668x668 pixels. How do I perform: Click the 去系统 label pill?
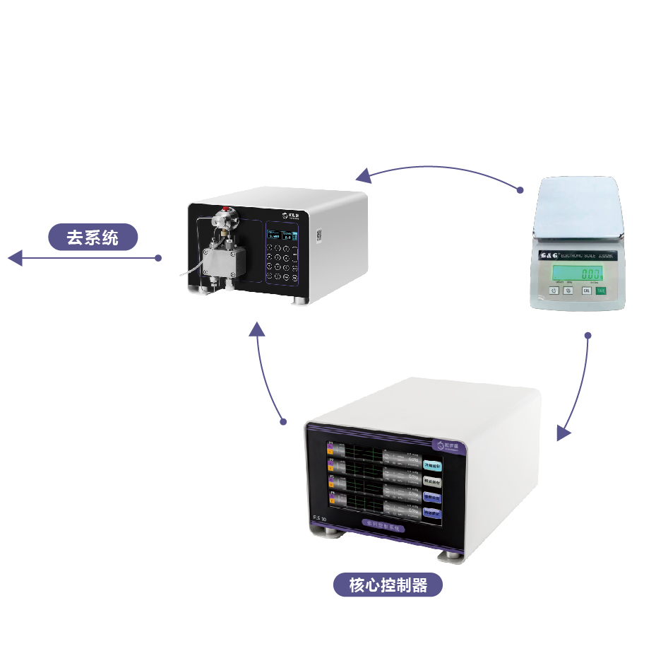[x=93, y=238]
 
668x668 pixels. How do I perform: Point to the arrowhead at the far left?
[x=15, y=258]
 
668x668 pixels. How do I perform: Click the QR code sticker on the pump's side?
[x=317, y=234]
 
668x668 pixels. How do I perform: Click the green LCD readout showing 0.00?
[x=577, y=273]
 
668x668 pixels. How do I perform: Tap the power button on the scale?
[x=554, y=291]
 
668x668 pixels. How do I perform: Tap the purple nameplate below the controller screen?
[x=380, y=527]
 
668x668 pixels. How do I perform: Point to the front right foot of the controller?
[x=452, y=556]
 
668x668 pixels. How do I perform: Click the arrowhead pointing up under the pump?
[x=257, y=328]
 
